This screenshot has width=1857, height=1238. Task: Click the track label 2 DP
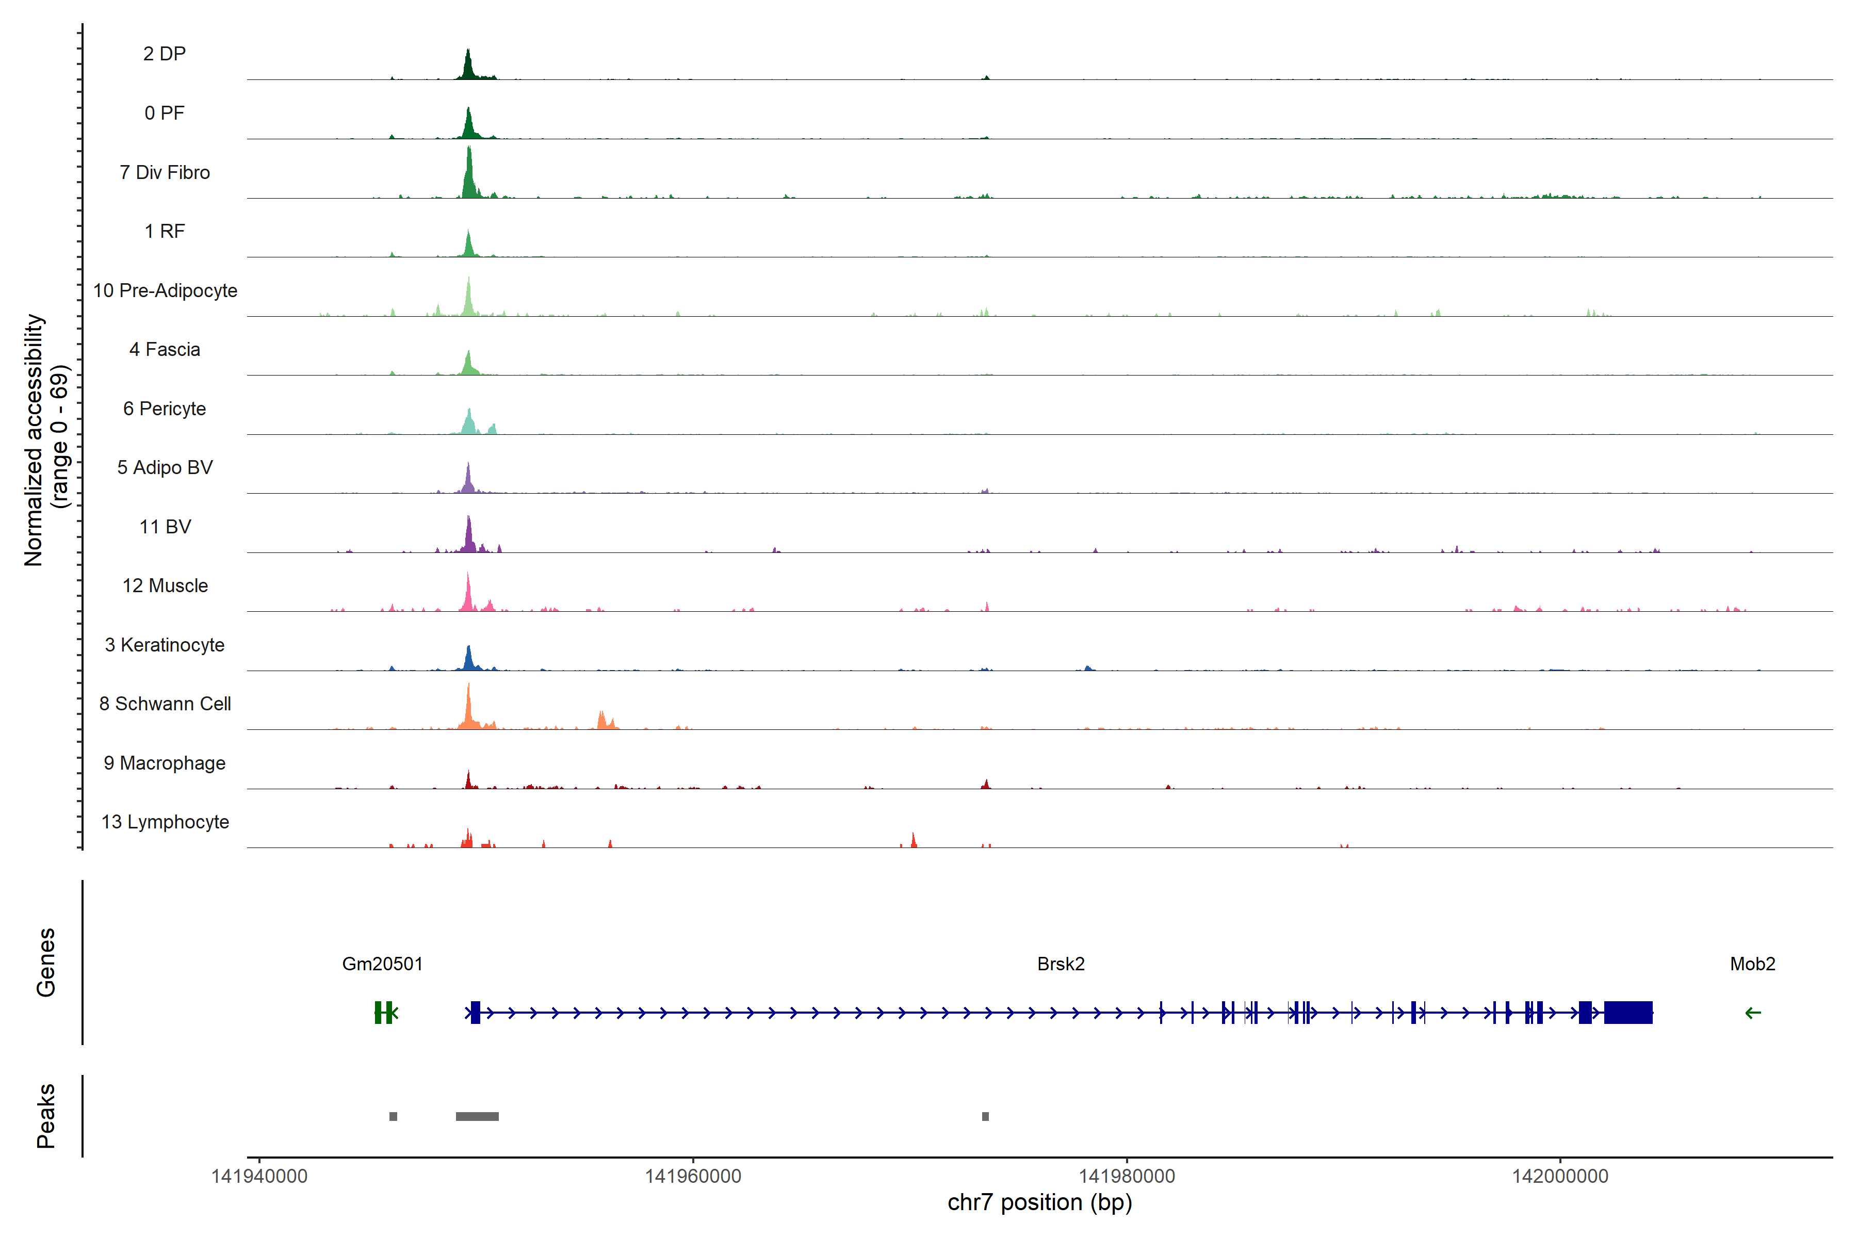pyautogui.click(x=164, y=54)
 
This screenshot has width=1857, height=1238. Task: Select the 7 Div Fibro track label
pyautogui.click(x=164, y=172)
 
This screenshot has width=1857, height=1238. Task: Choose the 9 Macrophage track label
pyautogui.click(x=164, y=763)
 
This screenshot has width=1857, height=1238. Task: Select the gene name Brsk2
pyautogui.click(x=1061, y=964)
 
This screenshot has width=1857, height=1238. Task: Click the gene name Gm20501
pyautogui.click(x=382, y=964)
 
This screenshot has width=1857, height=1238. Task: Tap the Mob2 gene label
pyautogui.click(x=1752, y=964)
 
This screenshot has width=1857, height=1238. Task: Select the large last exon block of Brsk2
pyautogui.click(x=1628, y=1012)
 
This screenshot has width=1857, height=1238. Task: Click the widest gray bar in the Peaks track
pyautogui.click(x=477, y=1116)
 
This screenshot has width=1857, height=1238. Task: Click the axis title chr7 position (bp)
pyautogui.click(x=1039, y=1202)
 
